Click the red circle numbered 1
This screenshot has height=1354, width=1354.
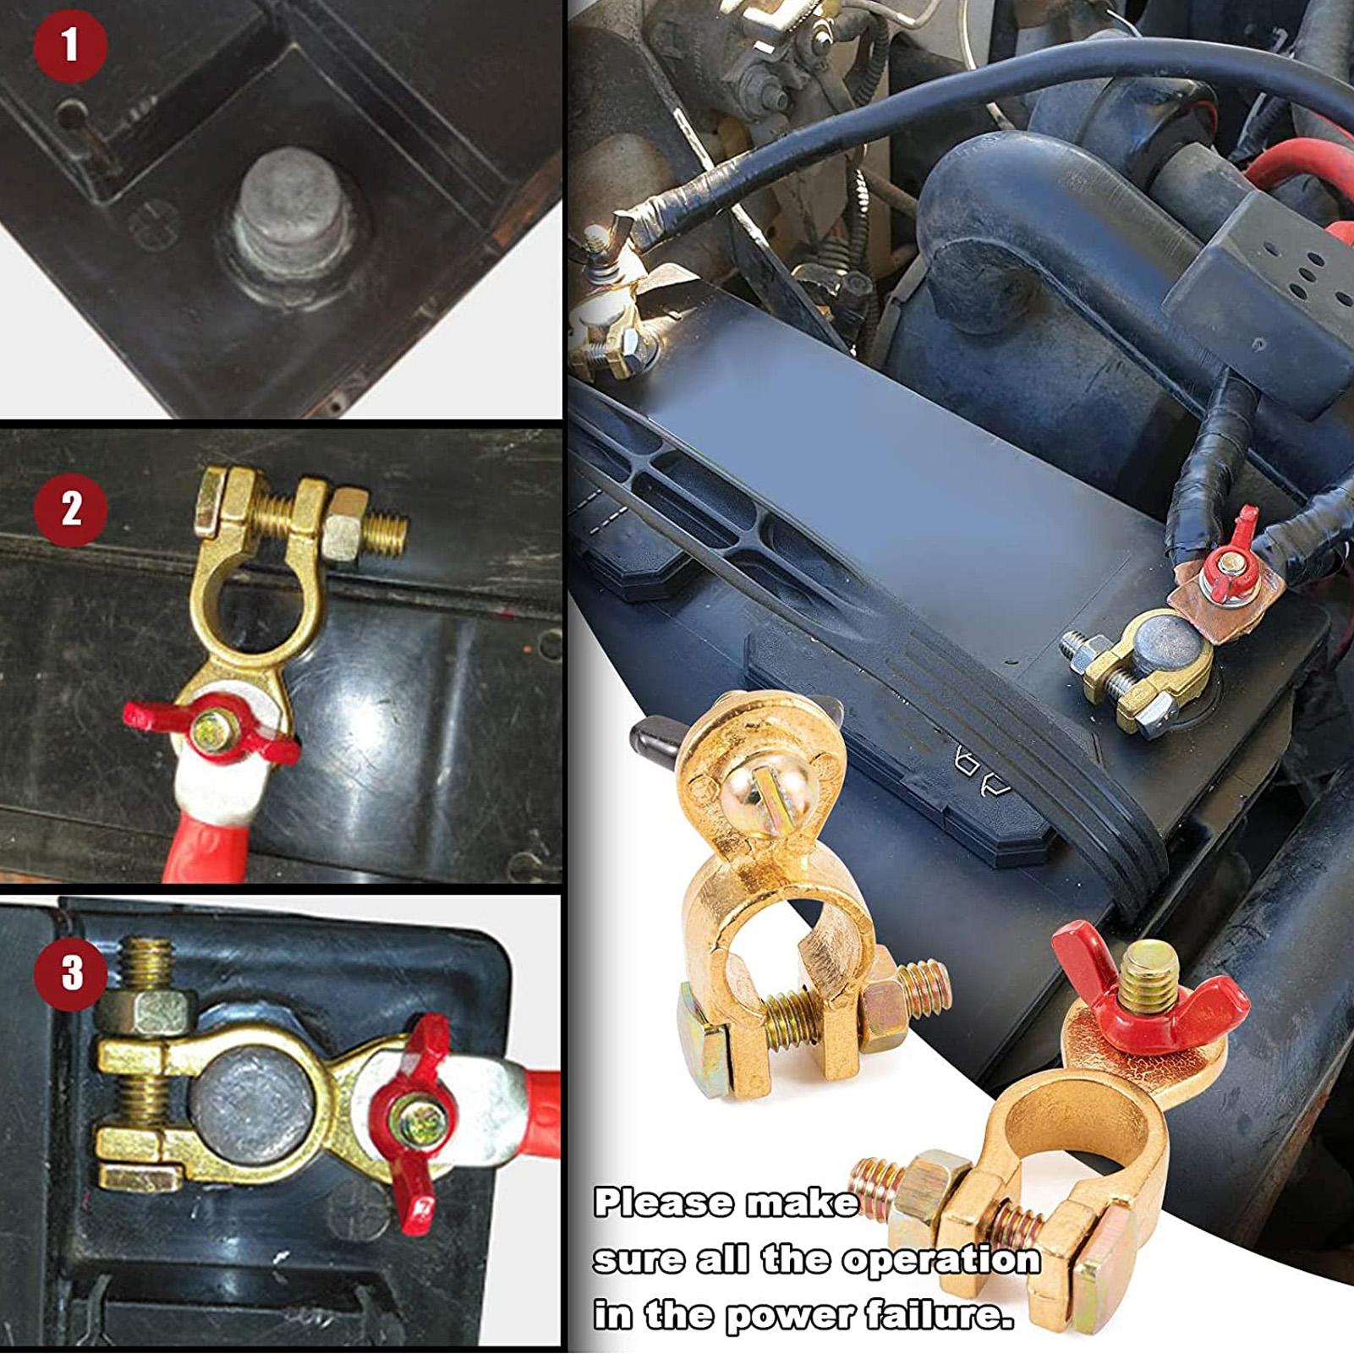[x=71, y=46]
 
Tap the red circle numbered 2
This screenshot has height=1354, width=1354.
[x=71, y=510]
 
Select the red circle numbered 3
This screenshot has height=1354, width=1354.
[x=71, y=972]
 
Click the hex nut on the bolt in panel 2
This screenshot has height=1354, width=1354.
[x=345, y=528]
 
